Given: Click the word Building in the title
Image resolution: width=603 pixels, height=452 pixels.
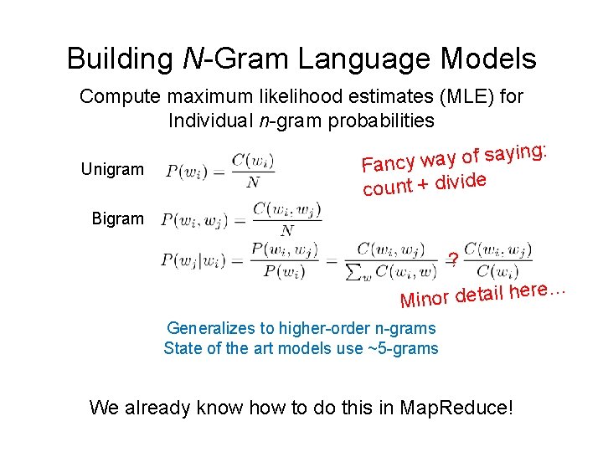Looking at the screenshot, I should coord(119,59).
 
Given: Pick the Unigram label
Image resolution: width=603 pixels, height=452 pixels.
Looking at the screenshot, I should coord(112,170).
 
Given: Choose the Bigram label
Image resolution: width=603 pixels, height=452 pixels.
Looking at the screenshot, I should coord(117,218).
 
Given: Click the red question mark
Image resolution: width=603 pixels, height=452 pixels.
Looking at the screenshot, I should coord(452,259).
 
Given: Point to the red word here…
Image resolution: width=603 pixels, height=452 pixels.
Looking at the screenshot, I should coord(539,289).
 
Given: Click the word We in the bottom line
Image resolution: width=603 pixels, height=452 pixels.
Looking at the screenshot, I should coord(104,408).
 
